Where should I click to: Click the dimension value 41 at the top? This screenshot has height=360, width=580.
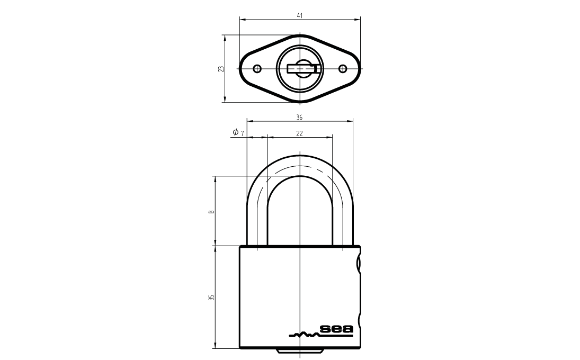click(x=300, y=15)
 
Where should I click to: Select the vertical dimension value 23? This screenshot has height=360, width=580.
click(x=221, y=69)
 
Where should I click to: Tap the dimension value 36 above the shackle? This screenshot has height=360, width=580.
click(x=299, y=118)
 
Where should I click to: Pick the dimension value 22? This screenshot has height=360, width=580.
click(x=299, y=133)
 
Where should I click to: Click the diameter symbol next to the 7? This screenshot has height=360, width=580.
click(x=235, y=132)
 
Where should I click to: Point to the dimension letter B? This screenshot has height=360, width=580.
click(x=211, y=212)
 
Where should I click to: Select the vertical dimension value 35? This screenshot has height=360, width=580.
click(x=211, y=297)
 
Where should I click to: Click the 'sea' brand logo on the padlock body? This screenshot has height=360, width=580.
click(x=336, y=329)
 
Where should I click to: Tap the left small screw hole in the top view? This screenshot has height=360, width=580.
click(x=257, y=69)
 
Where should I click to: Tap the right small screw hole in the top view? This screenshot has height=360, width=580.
click(x=343, y=69)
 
